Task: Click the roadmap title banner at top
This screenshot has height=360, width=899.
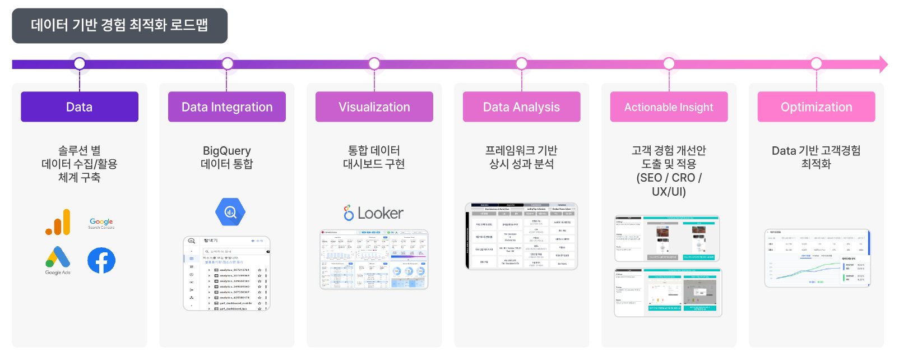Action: click(119, 26)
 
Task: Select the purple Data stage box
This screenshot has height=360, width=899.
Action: click(80, 107)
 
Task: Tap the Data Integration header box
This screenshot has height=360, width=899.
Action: click(227, 107)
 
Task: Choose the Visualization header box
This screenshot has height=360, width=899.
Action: click(374, 107)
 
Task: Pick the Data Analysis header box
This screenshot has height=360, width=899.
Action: click(521, 107)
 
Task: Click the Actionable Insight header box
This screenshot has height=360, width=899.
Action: click(669, 107)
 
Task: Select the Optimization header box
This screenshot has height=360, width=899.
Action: click(816, 107)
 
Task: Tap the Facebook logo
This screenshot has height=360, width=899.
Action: click(101, 261)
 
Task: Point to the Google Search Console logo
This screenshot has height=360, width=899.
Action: click(101, 223)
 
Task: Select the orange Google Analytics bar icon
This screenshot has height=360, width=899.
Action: click(58, 222)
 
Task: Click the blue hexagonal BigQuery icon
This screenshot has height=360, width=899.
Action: click(230, 212)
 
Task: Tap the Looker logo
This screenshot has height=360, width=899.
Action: click(374, 213)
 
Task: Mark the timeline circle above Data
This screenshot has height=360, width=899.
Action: click(80, 63)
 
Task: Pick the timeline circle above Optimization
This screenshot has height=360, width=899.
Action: click(816, 63)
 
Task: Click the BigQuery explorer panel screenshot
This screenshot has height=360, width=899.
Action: click(226, 273)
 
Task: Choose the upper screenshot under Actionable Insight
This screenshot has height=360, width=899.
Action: click(667, 238)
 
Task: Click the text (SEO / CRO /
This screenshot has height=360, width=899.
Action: click(669, 178)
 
